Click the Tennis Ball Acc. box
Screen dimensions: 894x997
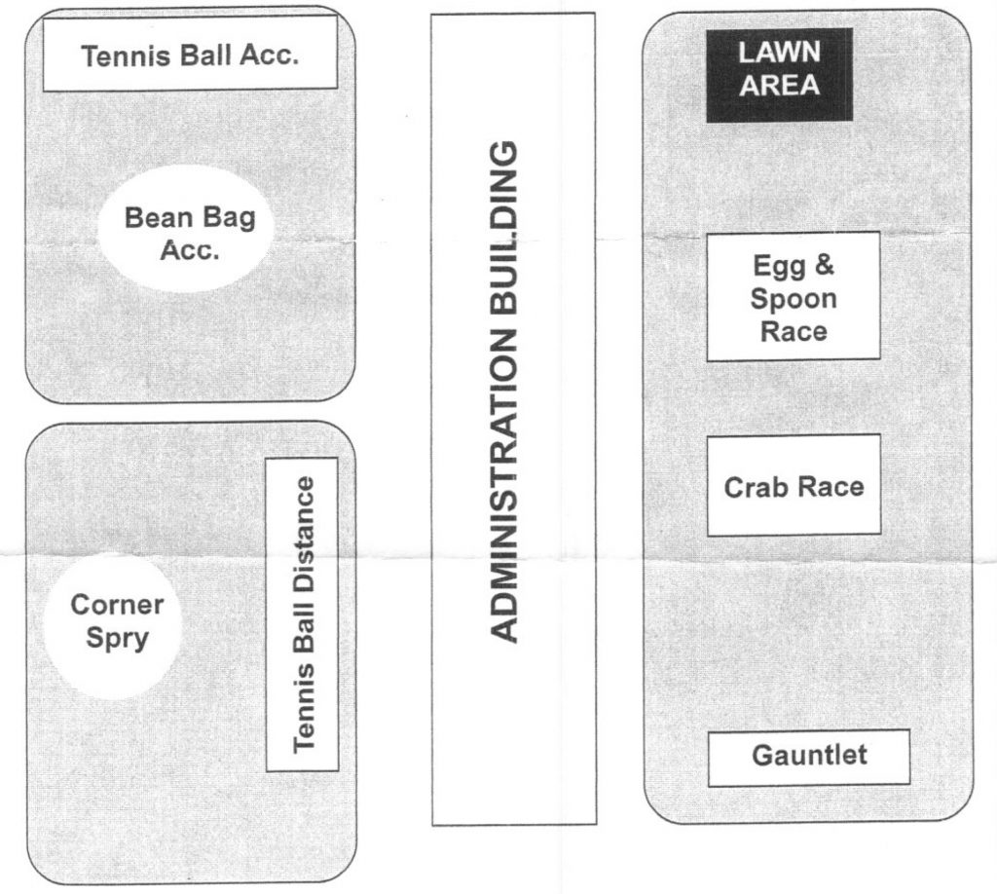191,55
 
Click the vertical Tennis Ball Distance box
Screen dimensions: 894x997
303,614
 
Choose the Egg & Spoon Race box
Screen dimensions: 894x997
793,297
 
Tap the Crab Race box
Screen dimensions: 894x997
793,486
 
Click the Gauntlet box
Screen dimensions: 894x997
808,757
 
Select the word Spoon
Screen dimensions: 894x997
793,298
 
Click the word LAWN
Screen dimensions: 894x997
779,55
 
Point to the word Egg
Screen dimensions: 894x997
774,266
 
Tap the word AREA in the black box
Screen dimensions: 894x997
779,86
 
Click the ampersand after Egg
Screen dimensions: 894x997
824,266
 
